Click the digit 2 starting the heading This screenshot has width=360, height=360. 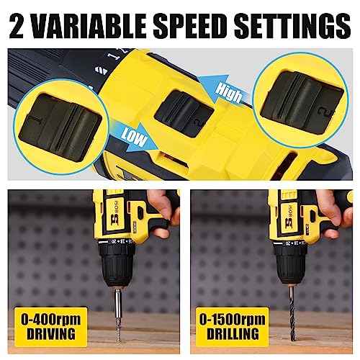(x=17, y=27)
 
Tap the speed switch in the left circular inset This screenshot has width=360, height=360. (x=60, y=124)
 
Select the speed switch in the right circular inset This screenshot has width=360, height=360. (x=302, y=102)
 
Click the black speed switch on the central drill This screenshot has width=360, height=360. (x=184, y=114)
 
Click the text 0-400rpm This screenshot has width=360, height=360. (x=51, y=320)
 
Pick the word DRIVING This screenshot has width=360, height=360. (x=51, y=334)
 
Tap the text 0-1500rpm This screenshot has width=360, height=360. (x=233, y=320)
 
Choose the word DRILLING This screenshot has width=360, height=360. (x=233, y=334)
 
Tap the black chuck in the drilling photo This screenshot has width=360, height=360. (x=291, y=265)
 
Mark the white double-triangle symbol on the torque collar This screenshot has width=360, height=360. (x=101, y=70)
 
